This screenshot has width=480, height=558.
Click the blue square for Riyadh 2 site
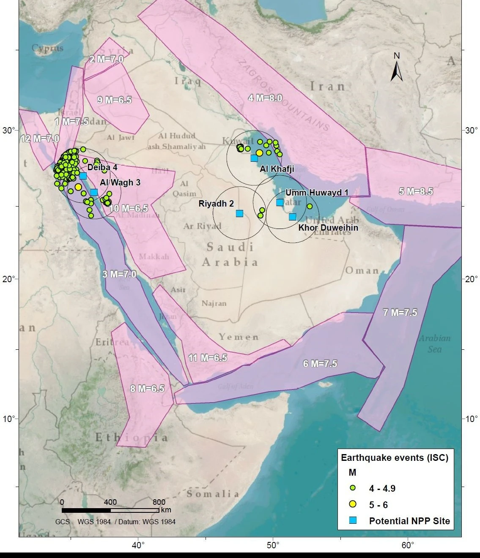pyautogui.click(x=239, y=213)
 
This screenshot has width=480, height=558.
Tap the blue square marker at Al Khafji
pyautogui.click(x=254, y=158)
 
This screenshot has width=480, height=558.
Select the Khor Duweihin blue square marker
pyautogui.click(x=292, y=217)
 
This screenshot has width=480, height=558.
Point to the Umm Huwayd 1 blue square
pyautogui.click(x=280, y=202)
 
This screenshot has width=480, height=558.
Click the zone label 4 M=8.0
pyautogui.click(x=265, y=98)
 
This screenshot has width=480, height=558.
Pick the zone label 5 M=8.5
pyautogui.click(x=416, y=191)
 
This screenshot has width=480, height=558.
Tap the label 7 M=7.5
pyautogui.click(x=400, y=313)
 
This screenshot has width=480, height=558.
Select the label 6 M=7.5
pyautogui.click(x=320, y=364)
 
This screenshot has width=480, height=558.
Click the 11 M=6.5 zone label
pyautogui.click(x=207, y=358)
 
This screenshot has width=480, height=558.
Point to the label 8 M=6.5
pyautogui.click(x=147, y=389)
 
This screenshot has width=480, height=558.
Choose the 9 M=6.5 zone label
pyautogui.click(x=114, y=100)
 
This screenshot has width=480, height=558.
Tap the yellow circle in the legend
pyautogui.click(x=353, y=504)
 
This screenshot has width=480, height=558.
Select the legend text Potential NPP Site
pyautogui.click(x=409, y=521)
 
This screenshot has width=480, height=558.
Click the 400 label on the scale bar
pyautogui.click(x=110, y=502)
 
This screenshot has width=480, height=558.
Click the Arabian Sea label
pyautogui.click(x=434, y=343)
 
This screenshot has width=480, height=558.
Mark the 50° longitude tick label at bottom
pyautogui.click(x=273, y=545)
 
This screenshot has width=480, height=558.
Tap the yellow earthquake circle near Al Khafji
pyautogui.click(x=259, y=152)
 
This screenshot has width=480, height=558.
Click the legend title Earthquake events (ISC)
pyautogui.click(x=395, y=457)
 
